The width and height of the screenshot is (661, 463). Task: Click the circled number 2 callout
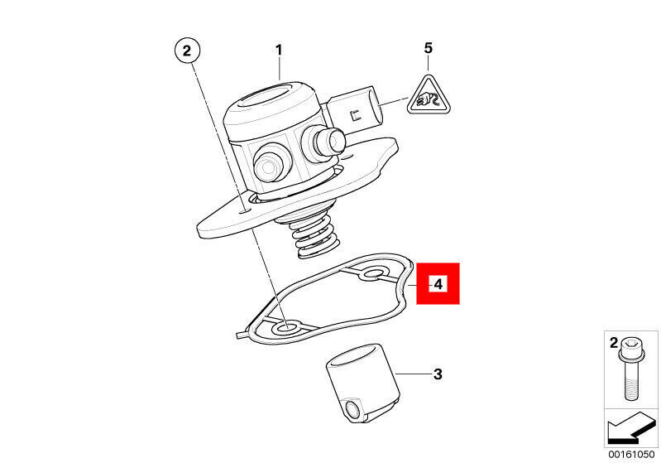coord(187,51)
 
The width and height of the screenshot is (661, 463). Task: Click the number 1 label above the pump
coord(279,51)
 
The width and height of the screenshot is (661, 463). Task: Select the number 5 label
coord(429,48)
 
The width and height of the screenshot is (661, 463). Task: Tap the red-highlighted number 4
coord(438,283)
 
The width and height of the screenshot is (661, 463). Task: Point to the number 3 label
coord(438,374)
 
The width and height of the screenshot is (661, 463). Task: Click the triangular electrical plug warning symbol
coord(429,95)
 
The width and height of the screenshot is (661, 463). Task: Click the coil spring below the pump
coord(314,239)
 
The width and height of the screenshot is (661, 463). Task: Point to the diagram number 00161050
coord(631,455)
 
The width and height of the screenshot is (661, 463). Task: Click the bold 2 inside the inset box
coord(613,343)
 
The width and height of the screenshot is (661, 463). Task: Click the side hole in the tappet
coord(352,408)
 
